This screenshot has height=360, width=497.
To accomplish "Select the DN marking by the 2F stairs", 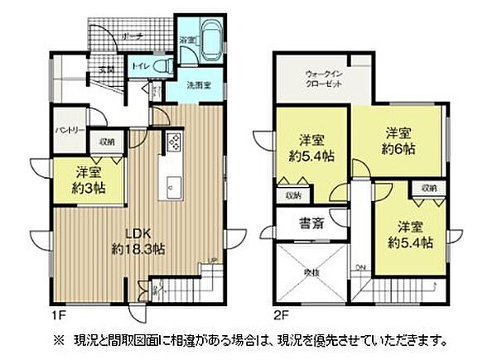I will point(359,266).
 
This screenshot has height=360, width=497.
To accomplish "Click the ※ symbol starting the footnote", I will point(57,340).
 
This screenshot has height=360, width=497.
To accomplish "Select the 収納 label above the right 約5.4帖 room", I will point(428,189).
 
